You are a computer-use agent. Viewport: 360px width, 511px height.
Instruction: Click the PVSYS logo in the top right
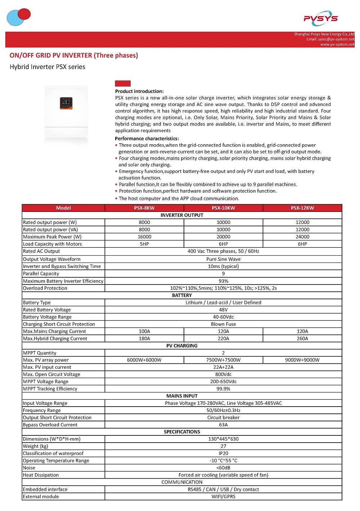pyautogui.click(x=320, y=18)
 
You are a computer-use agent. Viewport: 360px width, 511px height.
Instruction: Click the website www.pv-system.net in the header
pyautogui.click(x=337, y=45)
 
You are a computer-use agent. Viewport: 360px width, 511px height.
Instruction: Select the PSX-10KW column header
pyautogui.click(x=223, y=208)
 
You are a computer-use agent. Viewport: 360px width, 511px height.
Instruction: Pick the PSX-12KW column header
pyautogui.click(x=302, y=208)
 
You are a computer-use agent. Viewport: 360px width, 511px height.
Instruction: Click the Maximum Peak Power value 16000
pyautogui.click(x=144, y=237)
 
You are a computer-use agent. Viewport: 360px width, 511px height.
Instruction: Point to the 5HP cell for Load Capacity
pyautogui.click(x=144, y=244)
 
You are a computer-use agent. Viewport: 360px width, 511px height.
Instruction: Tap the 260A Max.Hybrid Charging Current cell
pyautogui.click(x=302, y=339)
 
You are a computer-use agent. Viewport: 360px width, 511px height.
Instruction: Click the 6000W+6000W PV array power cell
pyautogui.click(x=144, y=360)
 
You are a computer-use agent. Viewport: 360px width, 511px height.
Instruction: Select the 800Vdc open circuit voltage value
pyautogui.click(x=223, y=375)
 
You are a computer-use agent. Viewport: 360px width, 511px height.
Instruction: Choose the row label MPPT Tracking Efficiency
pyautogui.click(x=50, y=389)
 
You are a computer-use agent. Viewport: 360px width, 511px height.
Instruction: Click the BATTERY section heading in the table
pyautogui.click(x=182, y=295)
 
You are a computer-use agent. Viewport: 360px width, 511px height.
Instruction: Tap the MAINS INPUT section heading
pyautogui.click(x=182, y=396)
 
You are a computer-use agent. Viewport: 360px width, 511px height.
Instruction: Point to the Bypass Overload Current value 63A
pyautogui.click(x=223, y=425)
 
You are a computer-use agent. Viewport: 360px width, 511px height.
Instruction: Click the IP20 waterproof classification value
pyautogui.click(x=223, y=454)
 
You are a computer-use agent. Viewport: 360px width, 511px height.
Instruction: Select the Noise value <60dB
pyautogui.click(x=223, y=468)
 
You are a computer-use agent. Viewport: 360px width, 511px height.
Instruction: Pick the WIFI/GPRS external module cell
pyautogui.click(x=223, y=497)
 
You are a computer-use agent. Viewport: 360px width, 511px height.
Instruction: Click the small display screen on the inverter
pyautogui.click(x=66, y=103)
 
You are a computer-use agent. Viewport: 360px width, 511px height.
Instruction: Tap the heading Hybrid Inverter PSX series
pyautogui.click(x=48, y=67)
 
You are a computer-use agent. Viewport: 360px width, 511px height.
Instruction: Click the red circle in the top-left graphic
pyautogui.click(x=24, y=14)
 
